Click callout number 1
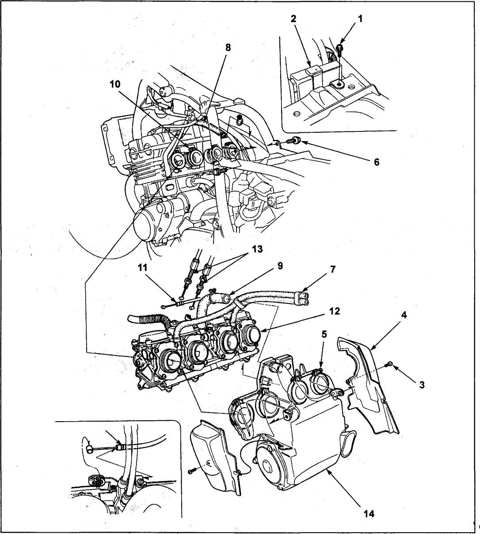pyautogui.click(x=360, y=19)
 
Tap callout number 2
pyautogui.click(x=293, y=19)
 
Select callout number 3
pyautogui.click(x=422, y=385)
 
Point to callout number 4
pyautogui.click(x=404, y=315)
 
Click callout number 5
pyautogui.click(x=324, y=334)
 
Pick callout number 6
pyautogui.click(x=377, y=162)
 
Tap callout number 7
pyautogui.click(x=333, y=269)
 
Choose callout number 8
pyautogui.click(x=228, y=48)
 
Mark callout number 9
pyautogui.click(x=280, y=265)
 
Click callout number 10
pyautogui.click(x=115, y=85)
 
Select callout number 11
pyautogui.click(x=142, y=268)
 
